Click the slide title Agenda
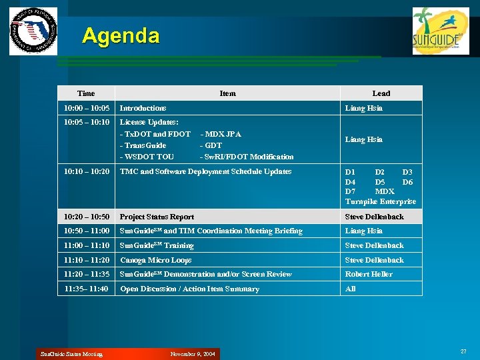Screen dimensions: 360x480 pos(121,35)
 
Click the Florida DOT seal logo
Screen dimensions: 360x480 pos(33,31)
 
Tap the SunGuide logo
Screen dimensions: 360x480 pos(441,31)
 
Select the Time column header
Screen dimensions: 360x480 pos(86,93)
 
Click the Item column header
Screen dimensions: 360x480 pos(227,93)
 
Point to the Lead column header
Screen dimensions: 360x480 pos(381,93)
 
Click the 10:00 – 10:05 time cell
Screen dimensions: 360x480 pos(86,108)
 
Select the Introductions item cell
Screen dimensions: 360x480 pos(143,108)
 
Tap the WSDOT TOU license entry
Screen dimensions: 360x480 pos(147,157)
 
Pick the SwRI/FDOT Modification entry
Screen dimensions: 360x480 pos(247,157)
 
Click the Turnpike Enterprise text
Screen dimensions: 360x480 pos(380,201)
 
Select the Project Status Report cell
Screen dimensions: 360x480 pos(157,217)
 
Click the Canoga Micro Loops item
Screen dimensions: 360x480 pos(155,260)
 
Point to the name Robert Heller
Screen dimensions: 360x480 pos(369,274)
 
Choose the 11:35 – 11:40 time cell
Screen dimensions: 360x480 pos(86,289)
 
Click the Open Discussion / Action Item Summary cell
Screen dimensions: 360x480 pos(189,289)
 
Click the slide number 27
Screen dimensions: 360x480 pos(463,351)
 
